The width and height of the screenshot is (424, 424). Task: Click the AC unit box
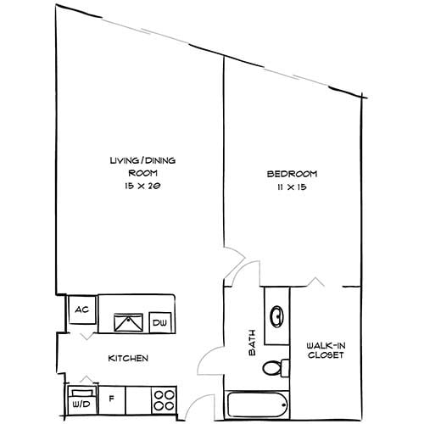coord(81,310)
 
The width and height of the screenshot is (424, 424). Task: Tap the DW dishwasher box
coord(159,322)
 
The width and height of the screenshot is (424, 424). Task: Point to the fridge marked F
coord(112,395)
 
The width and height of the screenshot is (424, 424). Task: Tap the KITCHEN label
coord(128,359)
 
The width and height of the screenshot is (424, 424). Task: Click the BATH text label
coord(252,344)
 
